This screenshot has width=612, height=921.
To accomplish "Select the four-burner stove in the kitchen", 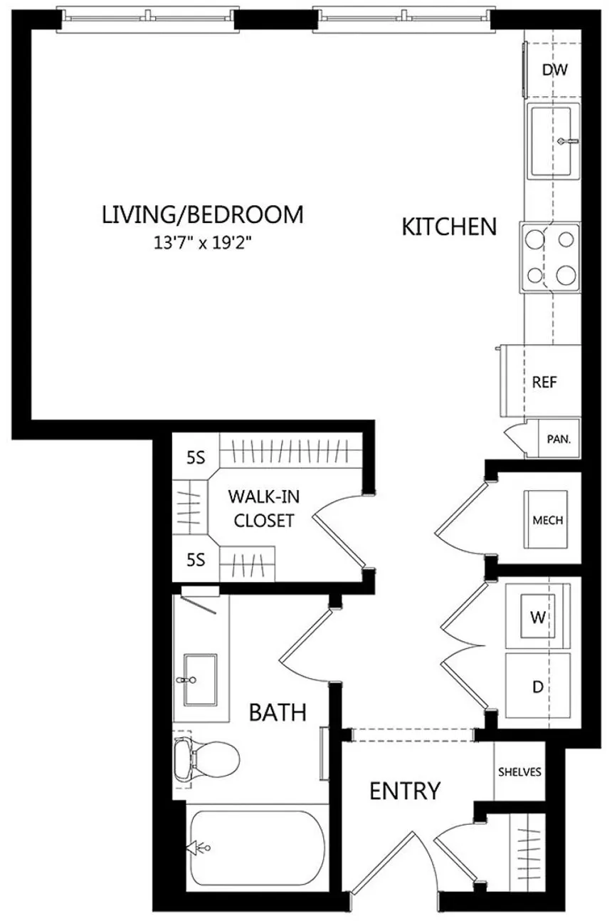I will tap(551, 256).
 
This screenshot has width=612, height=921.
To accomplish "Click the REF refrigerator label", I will tap(544, 382).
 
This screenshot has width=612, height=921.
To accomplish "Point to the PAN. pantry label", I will tap(558, 440).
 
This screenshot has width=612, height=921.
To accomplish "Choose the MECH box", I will tap(547, 520).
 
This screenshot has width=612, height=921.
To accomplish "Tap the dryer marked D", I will tap(538, 687).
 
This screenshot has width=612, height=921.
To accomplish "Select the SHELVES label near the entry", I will tap(519, 771).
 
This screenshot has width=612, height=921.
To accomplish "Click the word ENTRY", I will tap(405, 791).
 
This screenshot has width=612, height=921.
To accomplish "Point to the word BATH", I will tap(278, 712).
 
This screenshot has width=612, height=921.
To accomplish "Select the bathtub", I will tap(256, 848).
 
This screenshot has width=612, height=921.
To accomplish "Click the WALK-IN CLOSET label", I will tap(260, 508).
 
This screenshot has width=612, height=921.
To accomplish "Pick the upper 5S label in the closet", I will tap(195, 459).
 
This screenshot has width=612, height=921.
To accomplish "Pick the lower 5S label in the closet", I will tap(195, 560).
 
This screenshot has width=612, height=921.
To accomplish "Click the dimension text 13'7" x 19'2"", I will tap(204, 242).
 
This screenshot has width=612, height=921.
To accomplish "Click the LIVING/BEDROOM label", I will tap(203, 214).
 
